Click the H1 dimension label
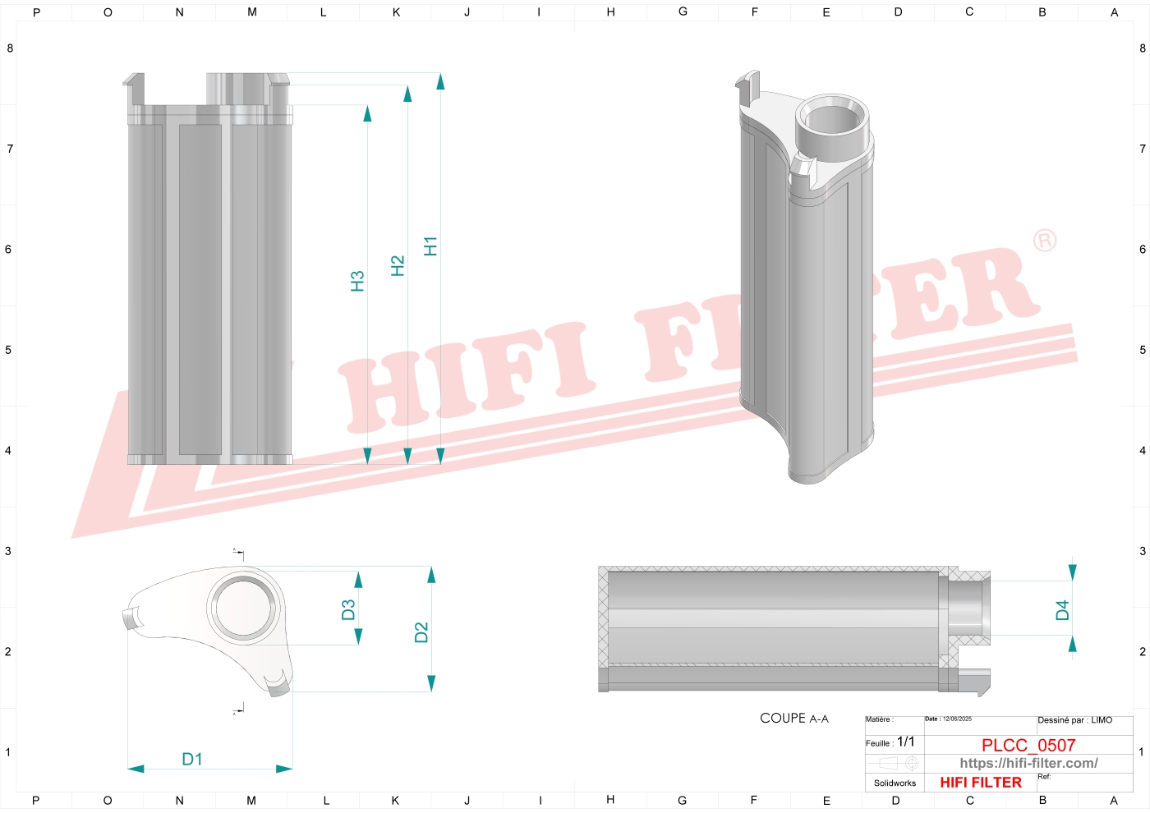point(430,246)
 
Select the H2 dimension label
point(398,265)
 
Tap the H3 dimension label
point(357,281)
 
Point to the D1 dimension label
point(192,759)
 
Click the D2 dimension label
point(421,632)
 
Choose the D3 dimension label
point(348,609)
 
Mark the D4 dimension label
point(1063,610)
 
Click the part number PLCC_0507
point(1028,745)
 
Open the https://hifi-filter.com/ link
point(1028,763)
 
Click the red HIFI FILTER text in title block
point(981,783)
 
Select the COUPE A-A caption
point(794,719)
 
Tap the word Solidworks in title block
point(895,783)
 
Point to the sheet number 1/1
point(905,742)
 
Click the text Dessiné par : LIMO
point(1074,720)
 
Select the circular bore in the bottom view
point(244,609)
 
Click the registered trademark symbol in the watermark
point(1044,241)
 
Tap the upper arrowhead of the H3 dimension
point(367,113)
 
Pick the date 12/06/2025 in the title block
point(957,719)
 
